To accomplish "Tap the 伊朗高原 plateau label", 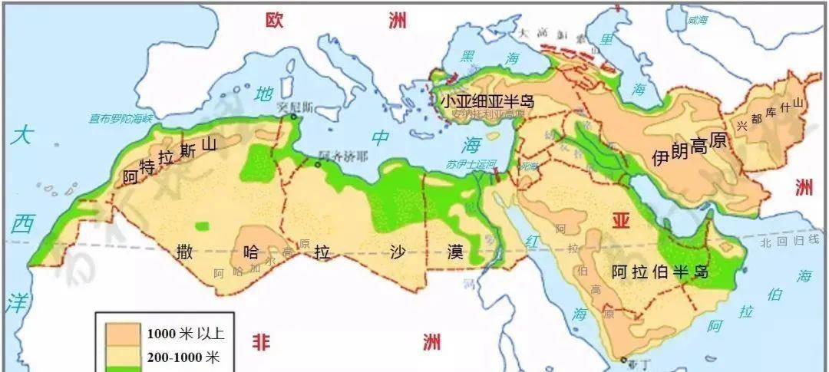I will [x=689, y=154].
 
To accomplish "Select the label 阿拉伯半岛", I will [x=659, y=272].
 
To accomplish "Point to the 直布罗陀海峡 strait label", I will [x=121, y=118].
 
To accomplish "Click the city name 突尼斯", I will [x=296, y=106].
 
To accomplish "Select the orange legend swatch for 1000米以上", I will [x=119, y=332].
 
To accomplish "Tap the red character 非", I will [x=262, y=342].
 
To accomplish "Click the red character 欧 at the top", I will [x=274, y=21].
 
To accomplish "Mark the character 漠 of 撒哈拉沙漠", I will [x=456, y=252].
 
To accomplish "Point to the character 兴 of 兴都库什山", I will [x=741, y=125].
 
